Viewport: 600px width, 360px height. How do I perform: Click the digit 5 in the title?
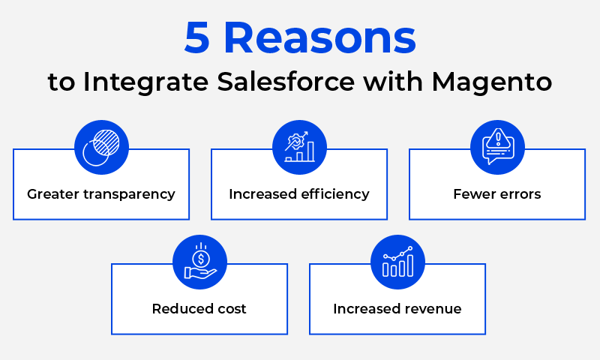[x=196, y=37]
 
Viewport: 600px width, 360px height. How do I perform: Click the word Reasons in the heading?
[x=320, y=37]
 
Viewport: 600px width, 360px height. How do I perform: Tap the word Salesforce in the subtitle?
[x=286, y=82]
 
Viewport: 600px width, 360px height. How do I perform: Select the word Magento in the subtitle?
[x=492, y=82]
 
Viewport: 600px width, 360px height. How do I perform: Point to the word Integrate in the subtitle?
[x=145, y=82]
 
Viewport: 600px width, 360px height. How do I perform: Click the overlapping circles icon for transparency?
[x=101, y=147]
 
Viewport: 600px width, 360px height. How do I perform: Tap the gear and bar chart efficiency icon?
[x=299, y=147]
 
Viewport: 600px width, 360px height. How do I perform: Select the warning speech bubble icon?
[x=497, y=147]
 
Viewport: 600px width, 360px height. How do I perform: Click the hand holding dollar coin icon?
[x=199, y=262]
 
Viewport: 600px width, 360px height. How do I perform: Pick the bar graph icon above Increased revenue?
[x=398, y=262]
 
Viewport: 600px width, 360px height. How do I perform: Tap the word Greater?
[x=53, y=194]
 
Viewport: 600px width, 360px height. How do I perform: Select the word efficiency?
[x=335, y=194]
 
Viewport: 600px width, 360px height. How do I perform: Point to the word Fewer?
[x=472, y=194]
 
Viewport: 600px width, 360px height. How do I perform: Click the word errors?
[x=517, y=195]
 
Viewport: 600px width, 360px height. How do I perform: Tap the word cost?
[x=232, y=309]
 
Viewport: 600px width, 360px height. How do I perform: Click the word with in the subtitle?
[x=393, y=82]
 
